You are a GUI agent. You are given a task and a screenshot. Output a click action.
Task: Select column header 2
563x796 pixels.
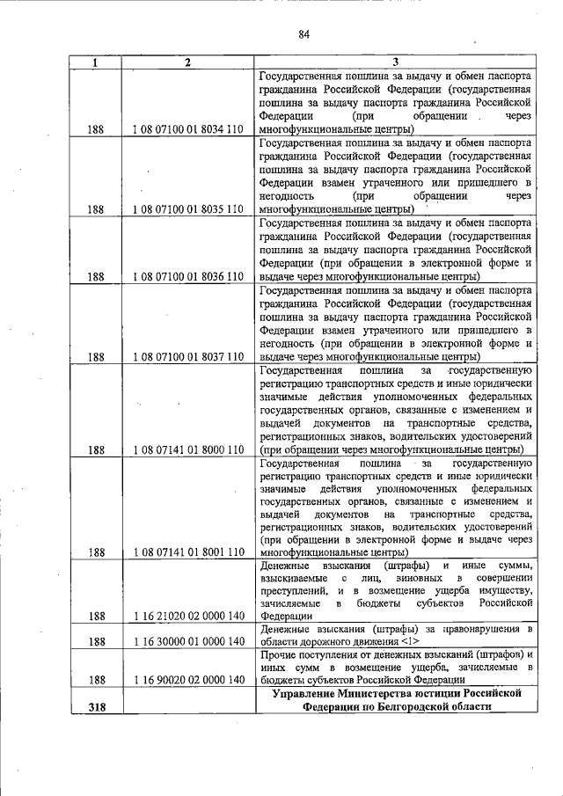click(x=187, y=62)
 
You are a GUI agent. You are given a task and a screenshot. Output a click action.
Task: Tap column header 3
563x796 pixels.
click(x=395, y=62)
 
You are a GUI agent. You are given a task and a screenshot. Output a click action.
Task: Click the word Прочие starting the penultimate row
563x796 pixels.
click(x=281, y=655)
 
